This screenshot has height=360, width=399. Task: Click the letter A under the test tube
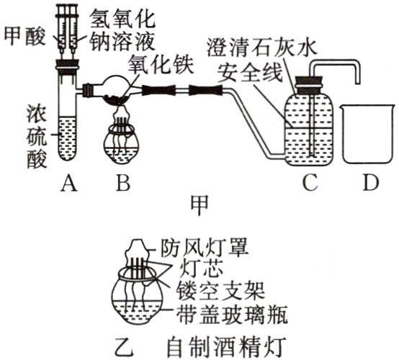coord(68,185)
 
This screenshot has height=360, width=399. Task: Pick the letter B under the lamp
coord(123,185)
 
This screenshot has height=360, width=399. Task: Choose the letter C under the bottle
coord(310,185)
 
